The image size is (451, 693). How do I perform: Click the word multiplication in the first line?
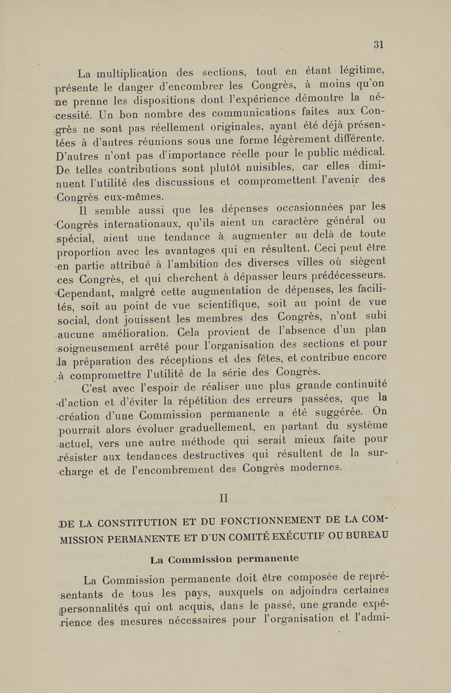point(127,73)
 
